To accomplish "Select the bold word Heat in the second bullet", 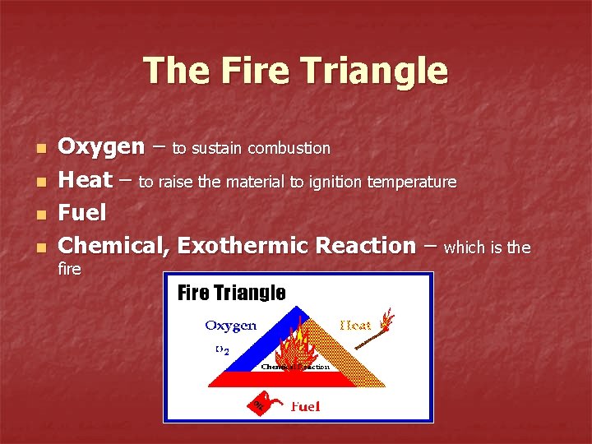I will point(86,181).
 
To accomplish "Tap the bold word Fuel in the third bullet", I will point(83,214).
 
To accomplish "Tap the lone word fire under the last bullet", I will point(70,269).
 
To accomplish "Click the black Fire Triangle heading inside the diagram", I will point(232,294).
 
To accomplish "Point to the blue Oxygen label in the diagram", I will point(231,326).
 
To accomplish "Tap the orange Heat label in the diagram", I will point(355,326).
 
